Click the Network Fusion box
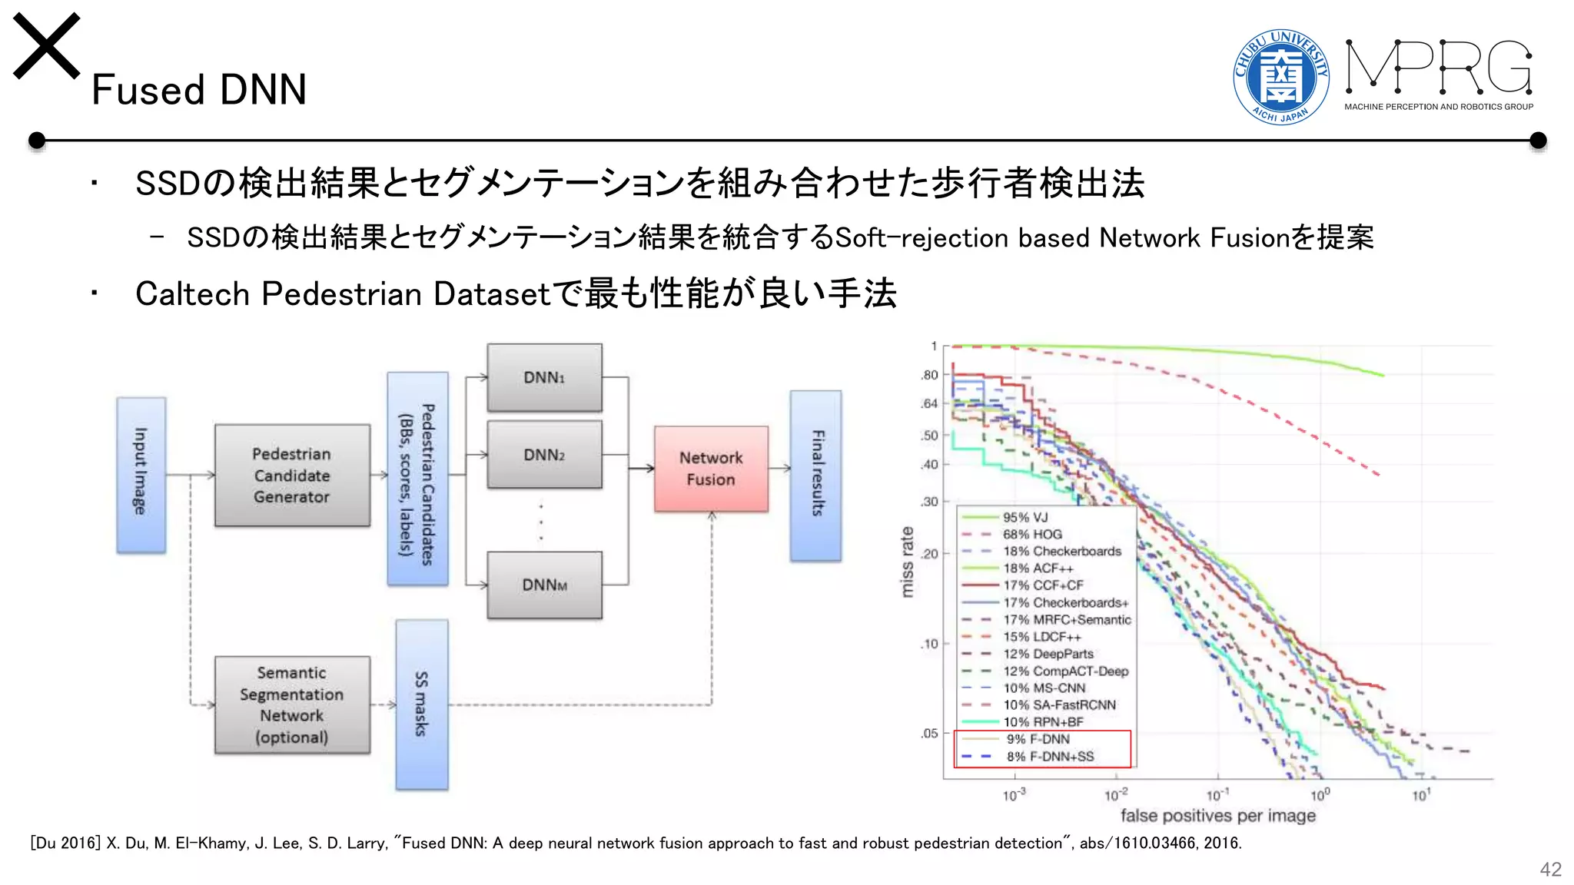711,469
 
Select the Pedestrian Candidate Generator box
292,476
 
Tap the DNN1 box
544,377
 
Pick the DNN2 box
544,455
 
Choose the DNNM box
544,585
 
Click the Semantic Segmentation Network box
292,704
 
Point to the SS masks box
421,704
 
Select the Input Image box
141,475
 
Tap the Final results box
816,476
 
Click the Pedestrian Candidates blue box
417,479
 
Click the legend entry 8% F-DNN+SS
1050,757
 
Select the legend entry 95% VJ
1025,518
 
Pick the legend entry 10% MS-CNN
1044,688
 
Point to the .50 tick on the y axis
930,436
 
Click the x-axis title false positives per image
1217,815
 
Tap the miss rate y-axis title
908,562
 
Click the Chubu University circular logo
1280,76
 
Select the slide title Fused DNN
199,90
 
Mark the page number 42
1550,869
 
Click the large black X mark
47,46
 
